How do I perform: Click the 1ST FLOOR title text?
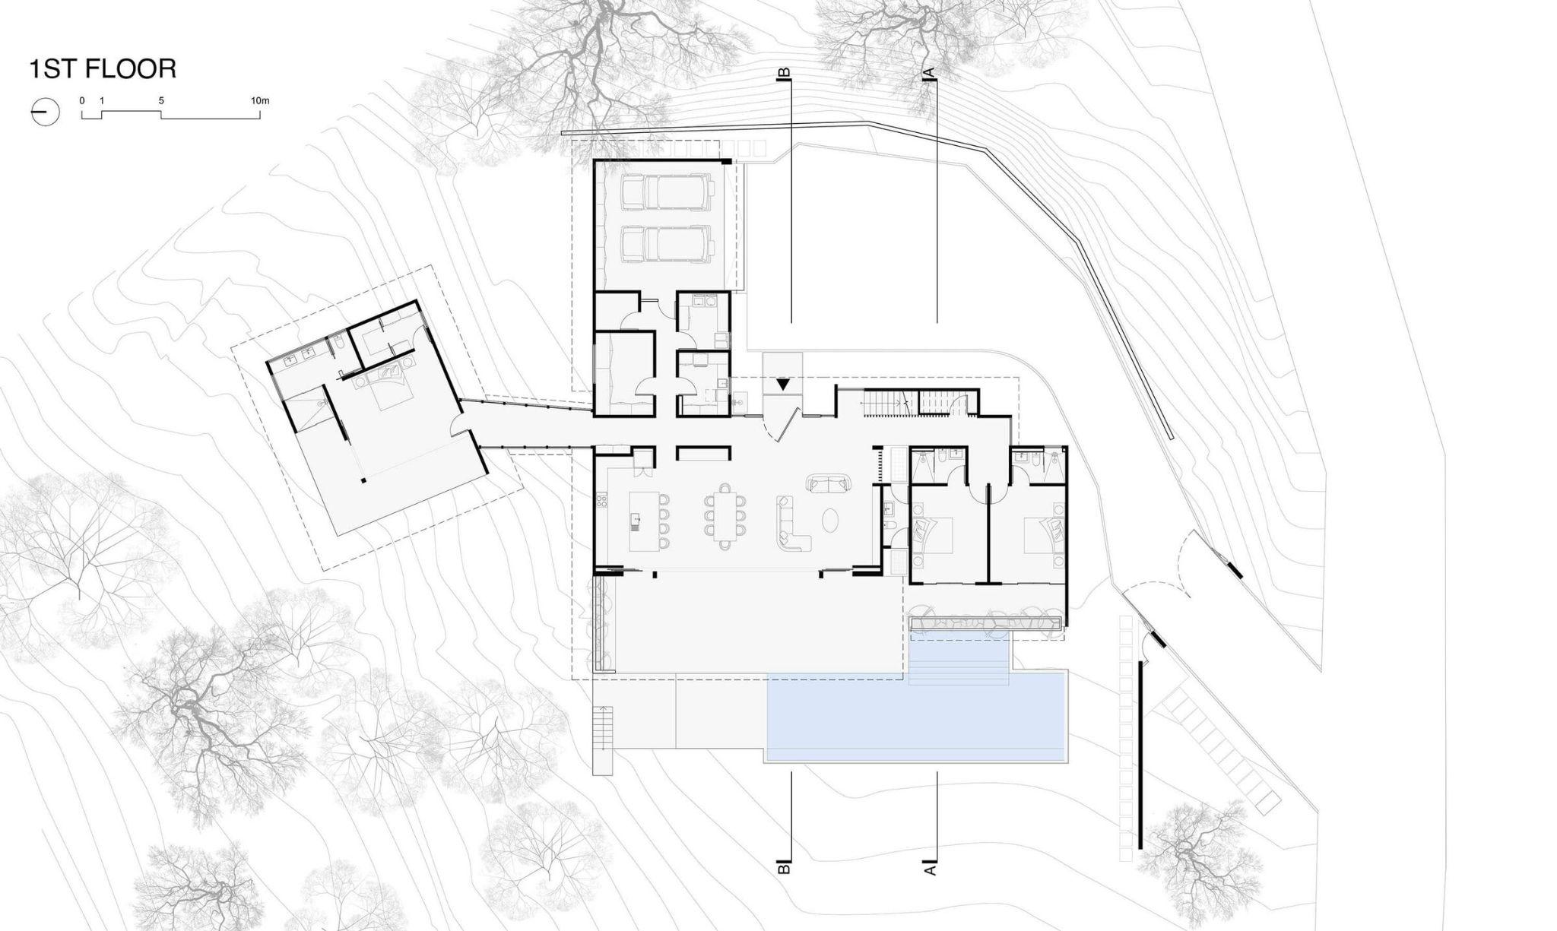(x=103, y=69)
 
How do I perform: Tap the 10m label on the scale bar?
(x=260, y=101)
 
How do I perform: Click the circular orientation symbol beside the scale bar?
(x=46, y=112)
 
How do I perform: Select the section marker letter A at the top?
(x=928, y=73)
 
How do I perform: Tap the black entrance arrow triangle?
(x=782, y=385)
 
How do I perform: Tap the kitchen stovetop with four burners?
(x=603, y=501)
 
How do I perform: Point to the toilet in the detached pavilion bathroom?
(x=339, y=347)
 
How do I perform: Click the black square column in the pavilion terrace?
(x=363, y=480)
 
